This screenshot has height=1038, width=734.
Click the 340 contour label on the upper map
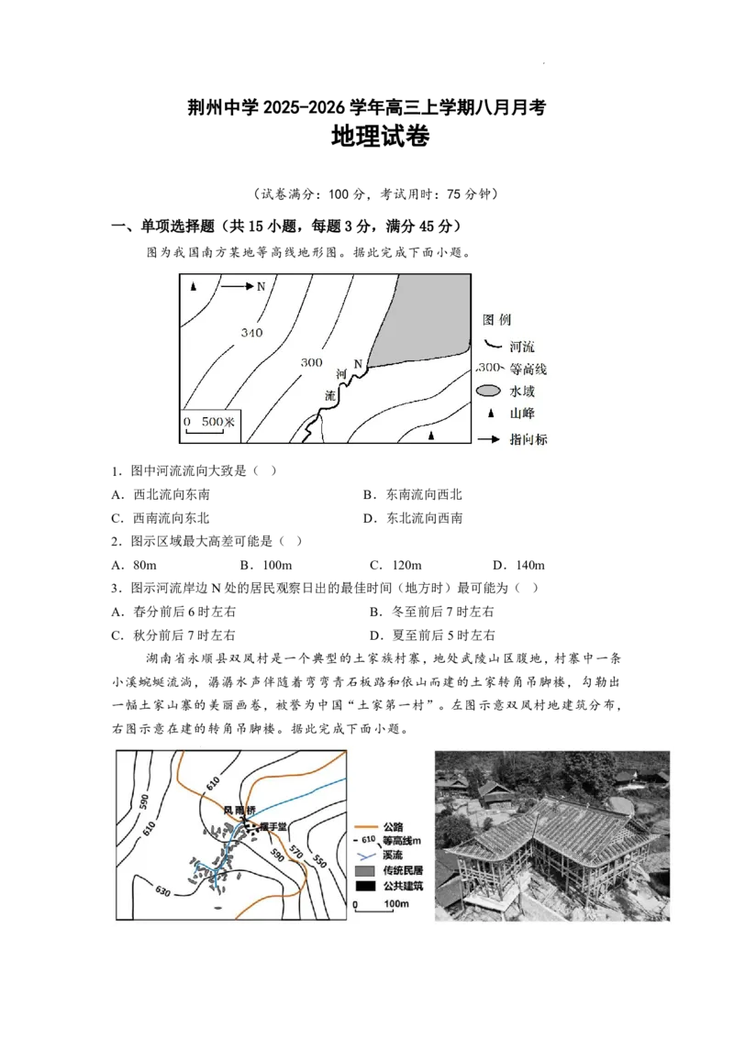click(252, 332)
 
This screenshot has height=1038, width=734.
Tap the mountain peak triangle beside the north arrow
click(194, 287)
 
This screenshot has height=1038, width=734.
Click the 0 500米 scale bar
click(209, 425)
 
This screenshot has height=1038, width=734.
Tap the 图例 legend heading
click(497, 320)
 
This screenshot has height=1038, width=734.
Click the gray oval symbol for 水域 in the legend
click(488, 392)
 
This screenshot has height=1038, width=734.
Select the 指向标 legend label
click(528, 439)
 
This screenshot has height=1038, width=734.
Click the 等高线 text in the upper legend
click(528, 370)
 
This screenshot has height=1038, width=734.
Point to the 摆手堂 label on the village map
click(273, 826)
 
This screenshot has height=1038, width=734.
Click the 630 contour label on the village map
click(163, 890)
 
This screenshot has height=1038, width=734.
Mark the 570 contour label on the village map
click(295, 853)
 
